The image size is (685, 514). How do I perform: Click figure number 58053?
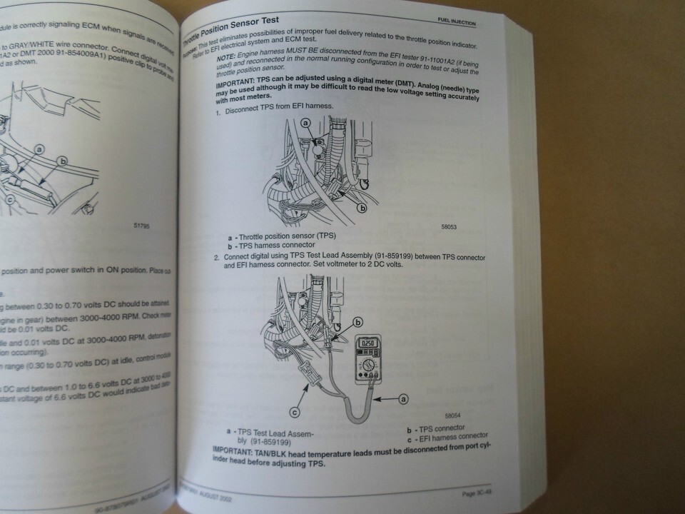449,227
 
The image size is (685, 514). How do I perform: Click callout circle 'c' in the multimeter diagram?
295,411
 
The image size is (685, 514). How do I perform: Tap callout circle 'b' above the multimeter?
358,322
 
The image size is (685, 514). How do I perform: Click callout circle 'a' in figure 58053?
306,124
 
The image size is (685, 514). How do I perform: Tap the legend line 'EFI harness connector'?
452,435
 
